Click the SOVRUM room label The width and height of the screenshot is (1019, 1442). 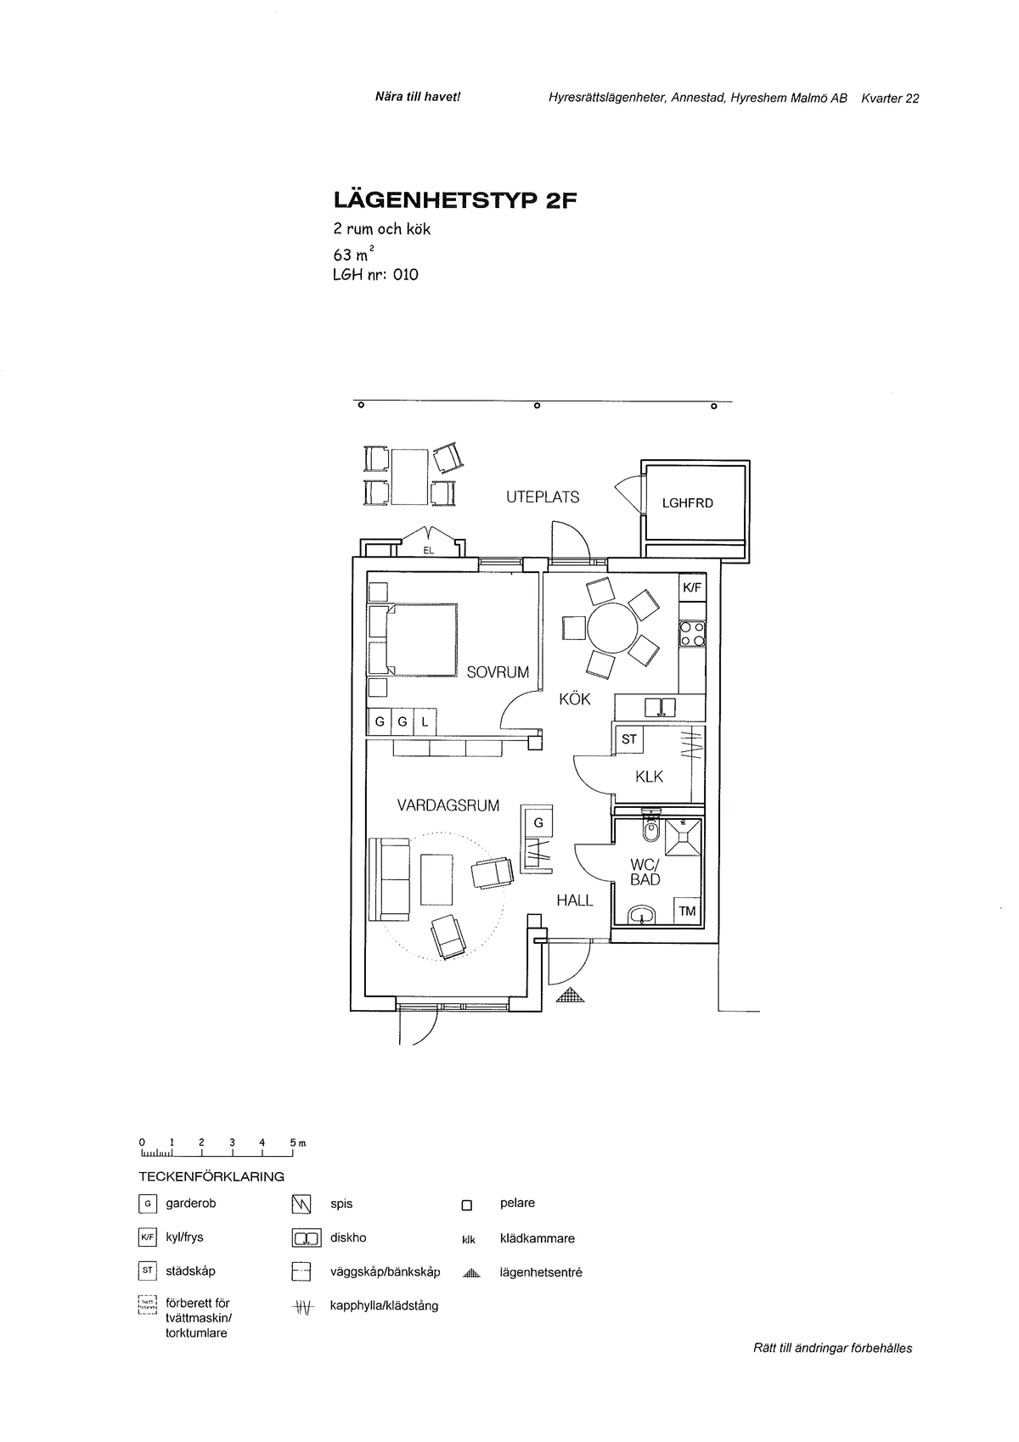[x=498, y=672]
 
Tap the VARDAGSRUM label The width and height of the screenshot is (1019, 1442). [x=448, y=805]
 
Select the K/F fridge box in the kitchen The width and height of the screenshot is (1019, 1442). [x=692, y=587]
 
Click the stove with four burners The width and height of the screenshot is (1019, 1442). [x=692, y=634]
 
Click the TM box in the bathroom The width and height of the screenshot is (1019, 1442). [x=687, y=911]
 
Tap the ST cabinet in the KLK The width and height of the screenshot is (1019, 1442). [x=628, y=739]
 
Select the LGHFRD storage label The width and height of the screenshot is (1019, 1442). [x=688, y=503]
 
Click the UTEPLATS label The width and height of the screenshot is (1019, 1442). [x=543, y=497]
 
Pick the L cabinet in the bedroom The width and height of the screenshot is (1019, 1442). [x=425, y=722]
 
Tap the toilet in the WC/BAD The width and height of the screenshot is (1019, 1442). [x=651, y=829]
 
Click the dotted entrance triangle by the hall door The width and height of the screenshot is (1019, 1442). [x=570, y=996]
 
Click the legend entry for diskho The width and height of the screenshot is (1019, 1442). [x=348, y=1237]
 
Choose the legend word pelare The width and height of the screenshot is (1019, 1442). [x=517, y=1203]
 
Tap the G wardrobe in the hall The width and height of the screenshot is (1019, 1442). [x=538, y=822]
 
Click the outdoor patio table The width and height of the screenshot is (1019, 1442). [x=411, y=476]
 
